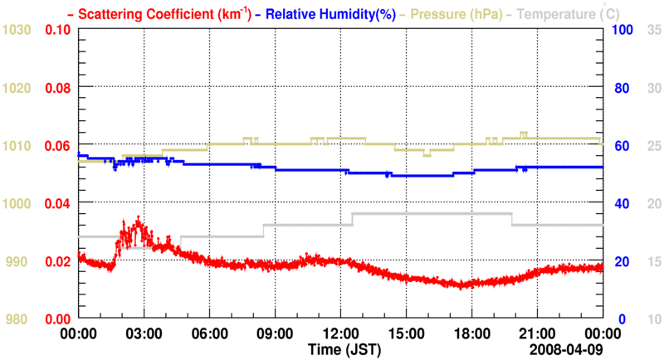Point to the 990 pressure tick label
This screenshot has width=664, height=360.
click(x=18, y=261)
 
